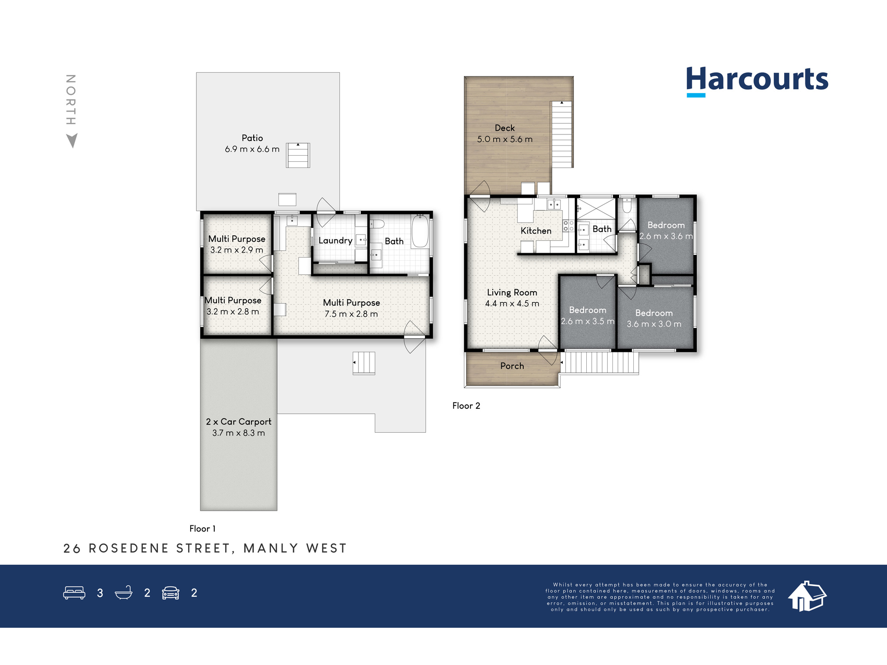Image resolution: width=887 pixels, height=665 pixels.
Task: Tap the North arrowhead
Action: click(x=72, y=141)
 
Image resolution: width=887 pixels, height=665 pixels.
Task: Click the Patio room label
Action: click(x=252, y=138)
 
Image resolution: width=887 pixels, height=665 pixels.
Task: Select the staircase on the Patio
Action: click(x=298, y=155)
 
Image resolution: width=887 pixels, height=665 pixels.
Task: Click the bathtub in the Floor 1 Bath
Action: click(x=420, y=231)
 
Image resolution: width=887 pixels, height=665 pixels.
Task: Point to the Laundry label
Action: click(x=335, y=241)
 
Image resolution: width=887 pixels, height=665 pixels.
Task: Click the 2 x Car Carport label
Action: click(x=239, y=422)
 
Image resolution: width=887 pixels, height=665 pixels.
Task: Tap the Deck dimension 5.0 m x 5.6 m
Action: click(x=505, y=139)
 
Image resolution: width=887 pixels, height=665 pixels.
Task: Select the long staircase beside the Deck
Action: click(x=562, y=134)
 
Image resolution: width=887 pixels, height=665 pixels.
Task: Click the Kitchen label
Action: click(x=536, y=231)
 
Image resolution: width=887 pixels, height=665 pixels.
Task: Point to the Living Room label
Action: click(x=512, y=293)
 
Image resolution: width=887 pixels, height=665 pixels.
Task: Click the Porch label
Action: click(x=512, y=366)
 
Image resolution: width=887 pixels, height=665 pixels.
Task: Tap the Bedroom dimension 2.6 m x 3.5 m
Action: click(x=588, y=321)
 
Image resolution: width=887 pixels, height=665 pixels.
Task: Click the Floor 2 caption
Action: click(x=466, y=406)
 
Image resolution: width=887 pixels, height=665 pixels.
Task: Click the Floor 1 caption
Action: click(x=202, y=528)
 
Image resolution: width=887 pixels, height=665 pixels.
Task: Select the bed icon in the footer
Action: click(x=74, y=593)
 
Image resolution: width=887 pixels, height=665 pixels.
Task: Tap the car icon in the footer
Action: click(x=171, y=593)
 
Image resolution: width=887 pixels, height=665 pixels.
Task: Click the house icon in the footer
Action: click(x=807, y=596)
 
